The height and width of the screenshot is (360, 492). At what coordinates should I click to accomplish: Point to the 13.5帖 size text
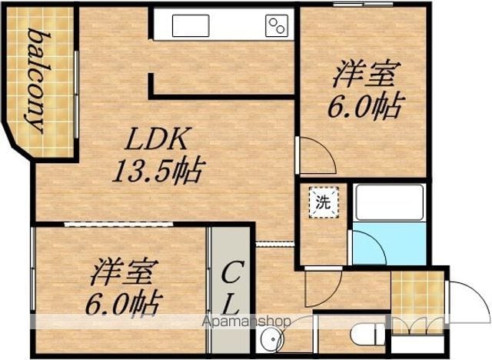tap(159, 172)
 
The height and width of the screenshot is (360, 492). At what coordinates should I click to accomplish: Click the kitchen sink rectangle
tap(191, 25)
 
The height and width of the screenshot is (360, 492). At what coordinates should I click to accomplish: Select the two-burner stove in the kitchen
tap(277, 25)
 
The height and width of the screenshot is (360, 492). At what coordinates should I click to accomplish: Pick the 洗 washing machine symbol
tap(324, 202)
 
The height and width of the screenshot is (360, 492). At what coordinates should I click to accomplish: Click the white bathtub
tap(390, 203)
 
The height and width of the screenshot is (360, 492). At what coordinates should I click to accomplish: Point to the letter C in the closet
tap(232, 273)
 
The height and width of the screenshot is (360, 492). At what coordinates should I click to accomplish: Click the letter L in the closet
tap(231, 305)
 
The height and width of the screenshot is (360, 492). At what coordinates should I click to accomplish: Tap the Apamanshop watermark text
tap(247, 321)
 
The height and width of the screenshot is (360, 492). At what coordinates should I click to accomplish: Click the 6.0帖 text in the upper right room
tap(366, 106)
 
